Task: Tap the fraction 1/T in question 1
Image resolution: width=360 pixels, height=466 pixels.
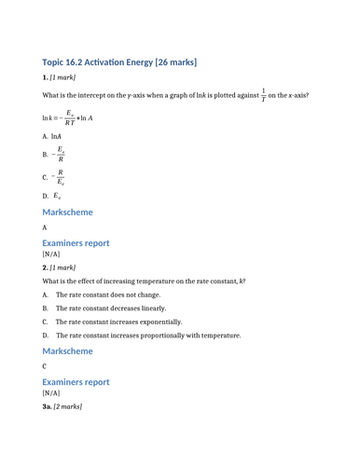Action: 263,95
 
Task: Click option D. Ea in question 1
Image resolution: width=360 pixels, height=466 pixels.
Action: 52,196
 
